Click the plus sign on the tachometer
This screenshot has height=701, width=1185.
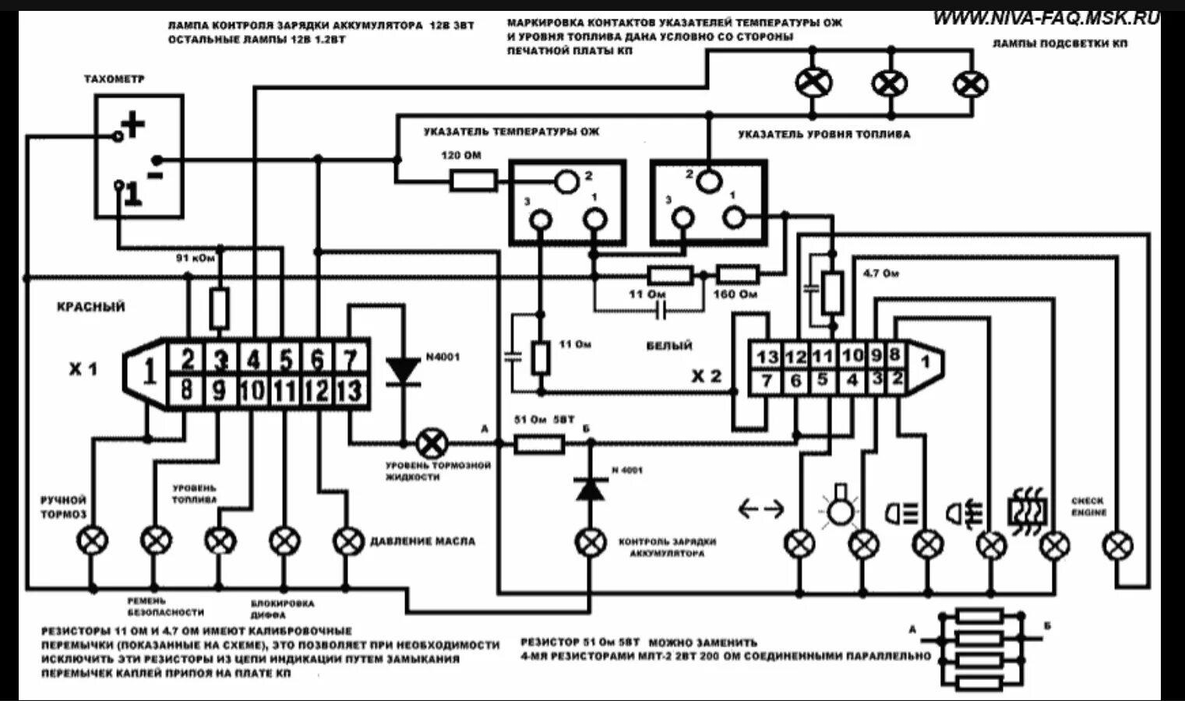click(133, 125)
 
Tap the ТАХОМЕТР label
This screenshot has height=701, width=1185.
click(114, 79)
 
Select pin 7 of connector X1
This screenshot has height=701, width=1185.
click(350, 359)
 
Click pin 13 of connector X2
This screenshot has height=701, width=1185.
click(767, 356)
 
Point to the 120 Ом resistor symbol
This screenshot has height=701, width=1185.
click(473, 181)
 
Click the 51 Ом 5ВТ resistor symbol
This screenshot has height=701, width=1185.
click(539, 444)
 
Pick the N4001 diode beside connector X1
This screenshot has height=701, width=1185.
click(404, 370)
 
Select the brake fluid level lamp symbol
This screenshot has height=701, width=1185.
click(429, 444)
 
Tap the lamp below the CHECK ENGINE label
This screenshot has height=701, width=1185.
click(1120, 544)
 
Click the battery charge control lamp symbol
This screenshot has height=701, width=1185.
click(590, 542)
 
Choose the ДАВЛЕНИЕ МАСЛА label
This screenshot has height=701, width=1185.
click(421, 541)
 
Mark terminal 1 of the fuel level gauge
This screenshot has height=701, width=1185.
click(732, 218)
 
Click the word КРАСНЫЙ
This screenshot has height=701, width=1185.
click(90, 307)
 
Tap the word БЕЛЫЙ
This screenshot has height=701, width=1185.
click(669, 345)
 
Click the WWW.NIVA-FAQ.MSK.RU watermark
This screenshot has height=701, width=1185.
click(1045, 17)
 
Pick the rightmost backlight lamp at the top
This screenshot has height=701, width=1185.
click(971, 83)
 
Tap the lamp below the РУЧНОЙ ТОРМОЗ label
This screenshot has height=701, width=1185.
click(93, 540)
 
